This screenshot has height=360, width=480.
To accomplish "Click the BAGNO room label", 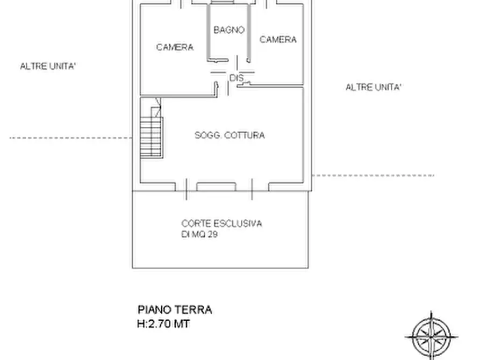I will tap(229, 30).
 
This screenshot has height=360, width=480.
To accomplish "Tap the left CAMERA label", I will tap(175, 47).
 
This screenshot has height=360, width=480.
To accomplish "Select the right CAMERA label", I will tap(278, 40).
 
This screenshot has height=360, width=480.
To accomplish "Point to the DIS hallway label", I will tap(237, 78).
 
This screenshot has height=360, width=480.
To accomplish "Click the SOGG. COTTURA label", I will tap(230, 135).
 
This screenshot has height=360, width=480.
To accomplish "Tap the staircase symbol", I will tap(151, 137).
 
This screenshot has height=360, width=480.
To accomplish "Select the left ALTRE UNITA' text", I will tap(48, 67).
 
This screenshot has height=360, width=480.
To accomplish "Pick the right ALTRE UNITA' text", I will tap(373, 87).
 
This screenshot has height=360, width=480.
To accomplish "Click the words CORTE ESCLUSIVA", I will tap(221, 224).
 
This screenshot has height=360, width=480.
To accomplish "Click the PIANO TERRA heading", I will tap(175, 310).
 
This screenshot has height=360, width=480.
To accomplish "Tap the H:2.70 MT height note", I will tap(164, 324).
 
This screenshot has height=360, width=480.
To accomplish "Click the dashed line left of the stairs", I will tap(70, 138).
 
